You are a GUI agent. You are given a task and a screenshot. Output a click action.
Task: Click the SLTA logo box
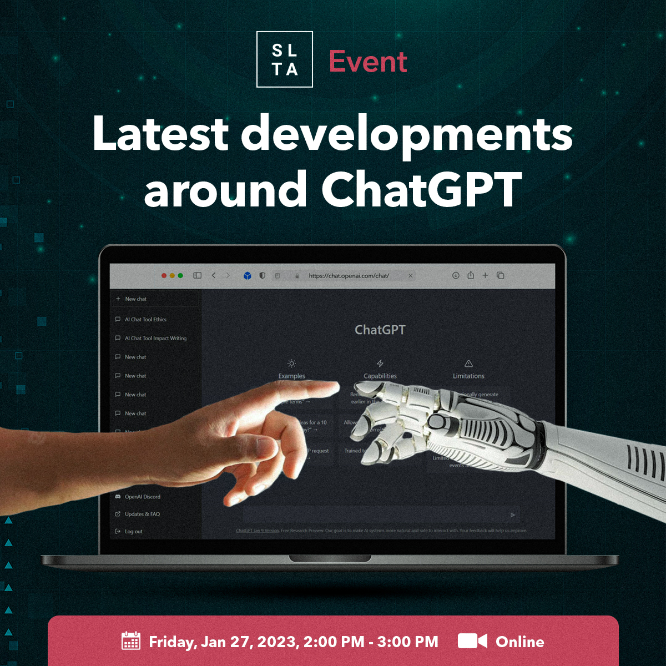[285, 59]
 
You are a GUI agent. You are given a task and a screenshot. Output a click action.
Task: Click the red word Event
[368, 61]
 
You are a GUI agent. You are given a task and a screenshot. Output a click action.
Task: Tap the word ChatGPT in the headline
[421, 189]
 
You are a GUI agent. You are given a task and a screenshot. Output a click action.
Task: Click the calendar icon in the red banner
[131, 641]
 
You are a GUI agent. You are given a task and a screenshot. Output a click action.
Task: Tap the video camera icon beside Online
[472, 641]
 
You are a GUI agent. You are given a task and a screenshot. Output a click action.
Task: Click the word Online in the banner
[519, 642]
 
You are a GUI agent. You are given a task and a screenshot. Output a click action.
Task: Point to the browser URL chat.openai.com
[349, 275]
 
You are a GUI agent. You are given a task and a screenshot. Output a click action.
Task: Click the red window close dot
[164, 275]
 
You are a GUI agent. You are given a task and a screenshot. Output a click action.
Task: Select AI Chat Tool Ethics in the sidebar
[145, 319]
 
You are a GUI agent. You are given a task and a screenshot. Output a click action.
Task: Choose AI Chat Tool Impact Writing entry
[155, 338]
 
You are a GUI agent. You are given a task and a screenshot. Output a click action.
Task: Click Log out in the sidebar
[133, 531]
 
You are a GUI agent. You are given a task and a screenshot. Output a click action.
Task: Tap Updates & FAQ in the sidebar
[142, 514]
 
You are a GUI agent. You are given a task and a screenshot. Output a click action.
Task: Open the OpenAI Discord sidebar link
[142, 497]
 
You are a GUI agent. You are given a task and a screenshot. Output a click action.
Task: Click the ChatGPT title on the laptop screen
[380, 330]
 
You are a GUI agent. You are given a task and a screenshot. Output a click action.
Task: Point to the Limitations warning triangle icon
[468, 364]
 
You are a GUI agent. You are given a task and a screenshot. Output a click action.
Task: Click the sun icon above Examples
[292, 364]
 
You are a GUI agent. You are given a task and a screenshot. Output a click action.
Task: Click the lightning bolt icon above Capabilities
[380, 364]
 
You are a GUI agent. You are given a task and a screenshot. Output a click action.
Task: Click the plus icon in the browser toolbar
[485, 275]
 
